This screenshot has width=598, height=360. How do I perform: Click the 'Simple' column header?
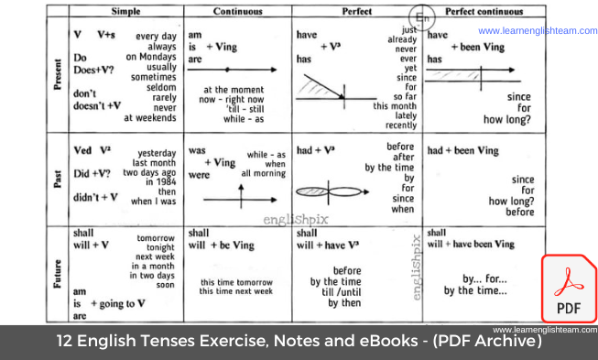pos(125,12)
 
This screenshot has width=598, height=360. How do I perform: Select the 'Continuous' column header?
pos(239,12)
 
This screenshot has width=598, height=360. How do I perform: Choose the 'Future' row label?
pos(57,272)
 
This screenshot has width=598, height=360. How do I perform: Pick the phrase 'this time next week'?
pos(235,291)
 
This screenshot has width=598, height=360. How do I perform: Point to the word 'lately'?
pos(403,115)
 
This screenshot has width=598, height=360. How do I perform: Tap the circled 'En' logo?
pos(423,18)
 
